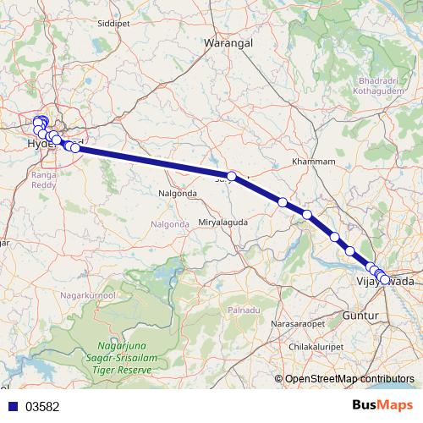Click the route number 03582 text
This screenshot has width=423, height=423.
click(41, 406)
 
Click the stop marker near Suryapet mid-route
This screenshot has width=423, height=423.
click(232, 176)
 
